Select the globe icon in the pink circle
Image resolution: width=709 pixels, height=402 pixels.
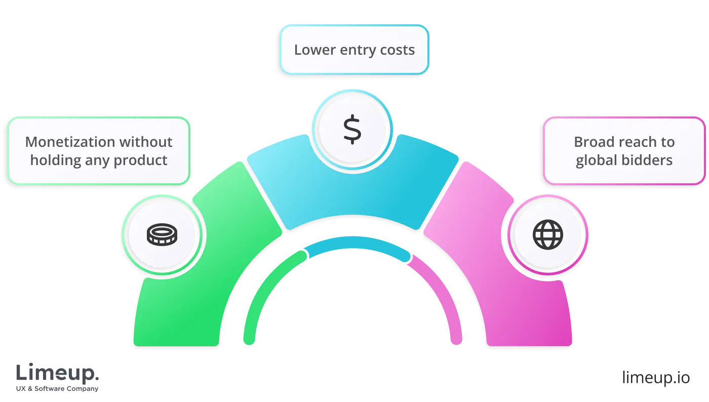pos(547,235)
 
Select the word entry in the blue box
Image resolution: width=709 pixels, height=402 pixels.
pos(356,50)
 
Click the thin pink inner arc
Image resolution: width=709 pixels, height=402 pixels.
pos(446,294)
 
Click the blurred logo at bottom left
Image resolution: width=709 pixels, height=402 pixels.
pos(58,378)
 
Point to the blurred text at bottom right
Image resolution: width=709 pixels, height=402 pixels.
pos(655,378)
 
